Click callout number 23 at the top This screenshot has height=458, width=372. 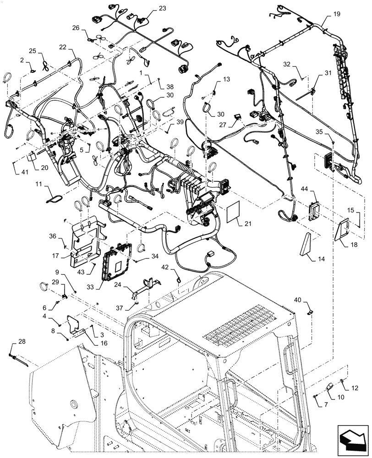(x=150, y=9)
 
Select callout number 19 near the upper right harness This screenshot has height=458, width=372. (x=336, y=15)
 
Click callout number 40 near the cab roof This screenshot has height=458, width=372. (x=310, y=300)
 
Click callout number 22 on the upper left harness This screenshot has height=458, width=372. (x=75, y=47)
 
